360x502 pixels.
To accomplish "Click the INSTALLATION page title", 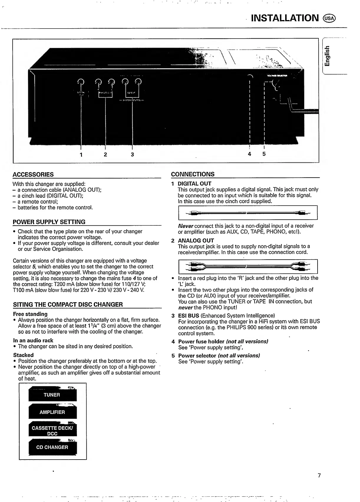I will click(285, 18).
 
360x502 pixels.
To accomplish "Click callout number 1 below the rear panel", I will click(81, 154).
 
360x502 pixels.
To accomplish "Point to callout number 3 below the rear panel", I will click(132, 154).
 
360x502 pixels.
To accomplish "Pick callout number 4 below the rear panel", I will click(249, 154).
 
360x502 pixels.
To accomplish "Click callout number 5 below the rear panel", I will click(264, 154).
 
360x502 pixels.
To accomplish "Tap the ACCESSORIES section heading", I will click(33, 174).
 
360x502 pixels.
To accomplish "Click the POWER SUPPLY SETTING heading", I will click(49, 222).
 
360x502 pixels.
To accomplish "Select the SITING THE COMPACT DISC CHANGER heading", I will click(68, 304).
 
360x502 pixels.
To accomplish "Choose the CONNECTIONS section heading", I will click(193, 174).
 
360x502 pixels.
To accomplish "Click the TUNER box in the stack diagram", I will click(52, 395).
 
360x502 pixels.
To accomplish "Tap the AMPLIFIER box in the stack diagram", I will click(52, 412).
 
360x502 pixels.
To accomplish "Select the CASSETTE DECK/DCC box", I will click(52, 431).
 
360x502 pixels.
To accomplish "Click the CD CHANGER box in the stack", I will click(52, 447).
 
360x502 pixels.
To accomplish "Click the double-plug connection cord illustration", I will click(247, 267).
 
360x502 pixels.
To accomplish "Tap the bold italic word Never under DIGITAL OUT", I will click(185, 226).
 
